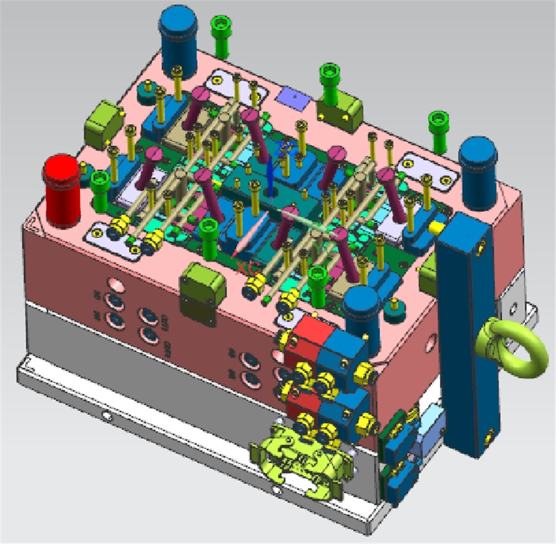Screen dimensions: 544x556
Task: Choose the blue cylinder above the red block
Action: [x=361, y=312]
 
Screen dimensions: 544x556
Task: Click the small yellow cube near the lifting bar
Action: [x=437, y=227]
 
